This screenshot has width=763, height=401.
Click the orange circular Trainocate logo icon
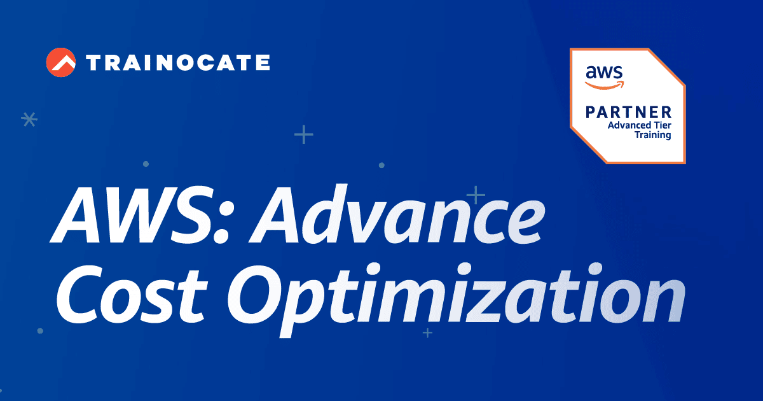pos(61,62)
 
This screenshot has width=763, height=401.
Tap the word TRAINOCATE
pos(177,62)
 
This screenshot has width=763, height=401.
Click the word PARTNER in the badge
pos(629,113)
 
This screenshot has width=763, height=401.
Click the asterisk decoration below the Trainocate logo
pos(29,119)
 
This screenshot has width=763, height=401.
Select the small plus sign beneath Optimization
pos(427,332)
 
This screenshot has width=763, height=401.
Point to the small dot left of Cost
pos(40,331)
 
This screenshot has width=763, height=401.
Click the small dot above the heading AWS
pos(146,164)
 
